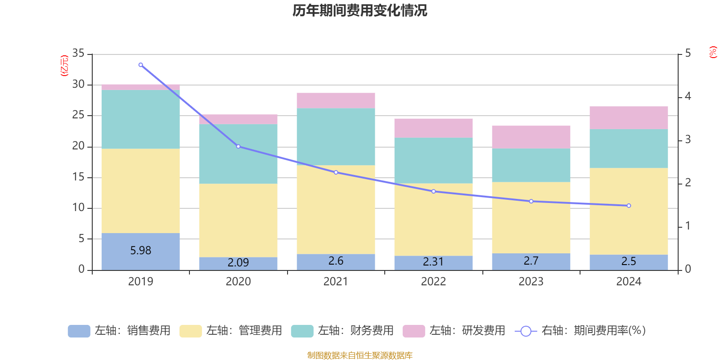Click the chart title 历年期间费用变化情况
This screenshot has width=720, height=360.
click(360, 10)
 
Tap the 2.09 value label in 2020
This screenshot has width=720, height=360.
click(238, 262)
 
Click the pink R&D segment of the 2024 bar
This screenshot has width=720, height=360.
click(629, 118)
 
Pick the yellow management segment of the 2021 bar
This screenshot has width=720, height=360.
click(336, 209)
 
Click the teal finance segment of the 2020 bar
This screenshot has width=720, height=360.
click(238, 153)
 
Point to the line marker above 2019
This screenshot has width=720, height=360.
click(141, 65)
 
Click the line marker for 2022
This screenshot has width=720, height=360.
click(433, 191)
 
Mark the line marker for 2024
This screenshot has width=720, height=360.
click(629, 206)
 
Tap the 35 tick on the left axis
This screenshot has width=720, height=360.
click(78, 54)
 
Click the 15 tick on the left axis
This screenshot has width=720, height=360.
click(78, 177)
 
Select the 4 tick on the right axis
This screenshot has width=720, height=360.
click(688, 96)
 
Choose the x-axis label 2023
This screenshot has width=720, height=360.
click(531, 282)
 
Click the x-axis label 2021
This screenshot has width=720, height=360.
click(336, 282)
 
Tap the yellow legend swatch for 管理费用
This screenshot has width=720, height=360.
click(190, 331)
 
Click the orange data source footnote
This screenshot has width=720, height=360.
click(360, 355)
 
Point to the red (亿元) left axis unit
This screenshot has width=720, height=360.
click(64, 66)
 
